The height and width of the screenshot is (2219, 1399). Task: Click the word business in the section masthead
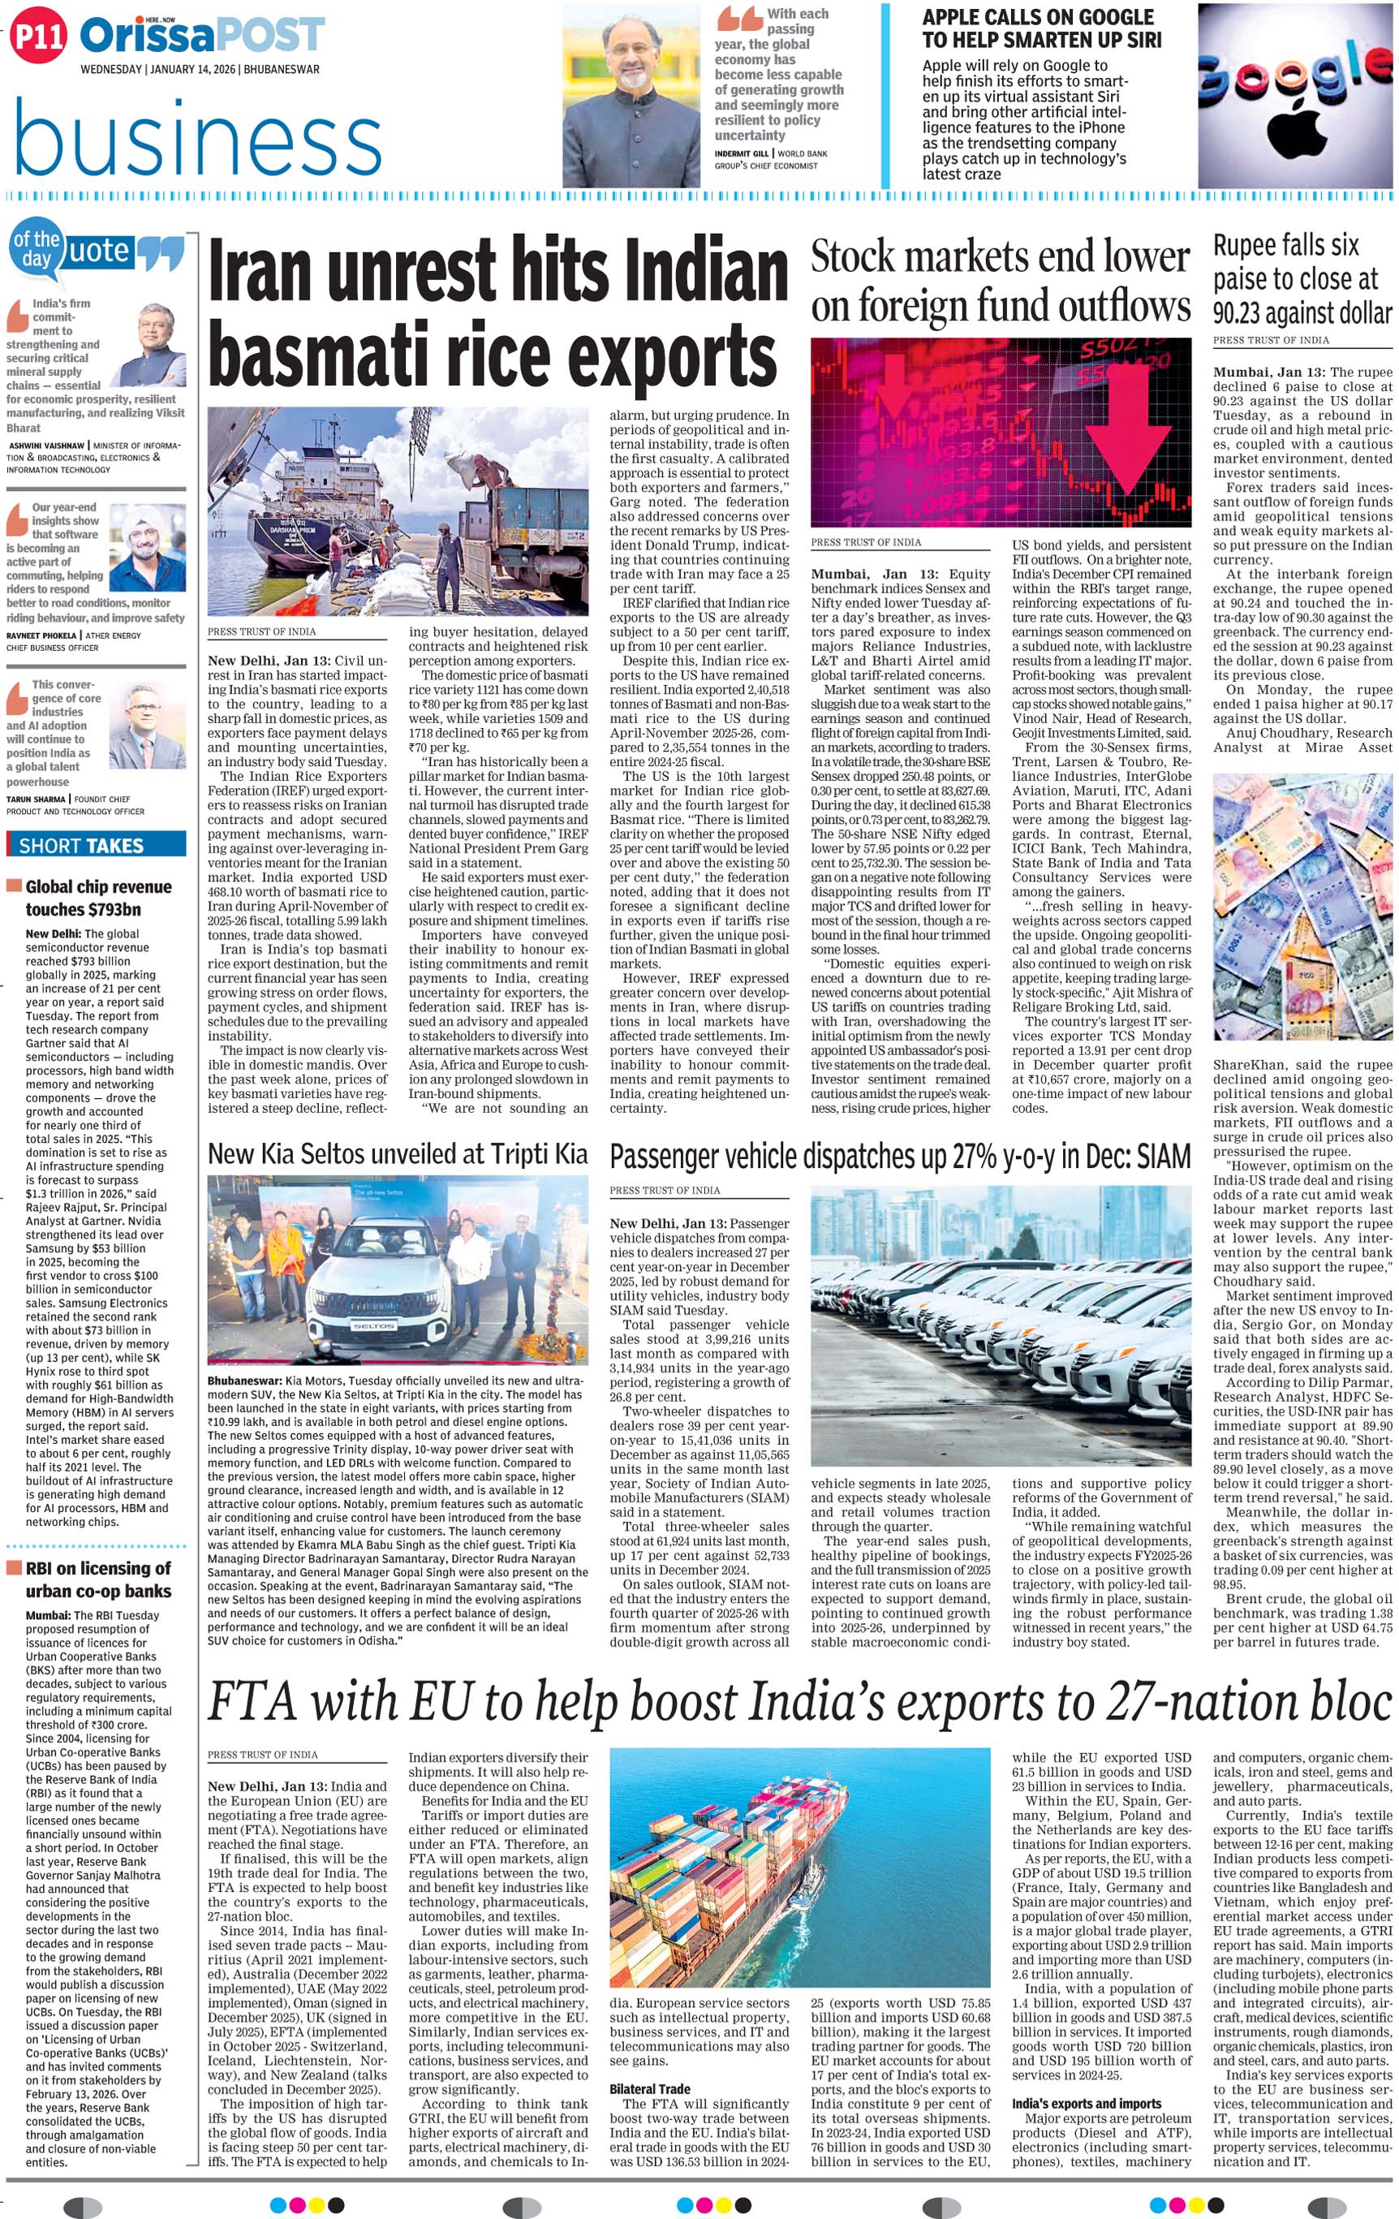pos(198,138)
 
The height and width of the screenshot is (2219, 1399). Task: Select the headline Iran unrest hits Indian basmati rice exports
pos(497,313)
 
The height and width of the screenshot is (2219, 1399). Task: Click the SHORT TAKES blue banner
pos(96,845)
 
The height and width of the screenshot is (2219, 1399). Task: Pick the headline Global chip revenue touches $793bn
pos(97,898)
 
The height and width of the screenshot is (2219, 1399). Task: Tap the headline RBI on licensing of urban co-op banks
pos(97,1579)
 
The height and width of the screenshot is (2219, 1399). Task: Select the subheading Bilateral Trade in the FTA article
pos(650,2089)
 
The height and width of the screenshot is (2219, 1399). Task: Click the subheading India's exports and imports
pos(1073,2103)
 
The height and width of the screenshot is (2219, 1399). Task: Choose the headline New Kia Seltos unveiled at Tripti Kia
pos(397,1153)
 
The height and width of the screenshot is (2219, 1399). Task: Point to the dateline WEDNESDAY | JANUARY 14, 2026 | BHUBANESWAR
pos(200,69)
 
